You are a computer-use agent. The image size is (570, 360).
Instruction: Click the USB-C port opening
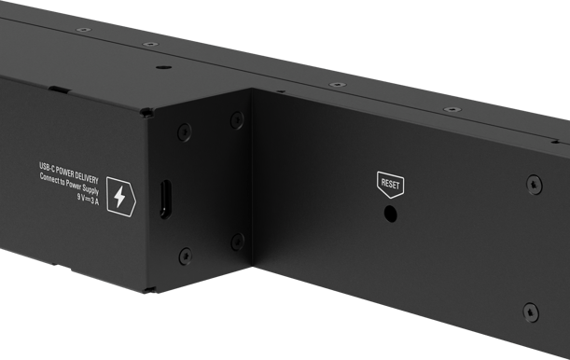coord(165,199)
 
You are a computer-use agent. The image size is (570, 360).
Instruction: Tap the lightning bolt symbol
coord(119,198)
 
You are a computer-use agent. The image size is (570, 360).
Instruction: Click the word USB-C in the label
coord(47,168)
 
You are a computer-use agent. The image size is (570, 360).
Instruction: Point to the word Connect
coord(49,179)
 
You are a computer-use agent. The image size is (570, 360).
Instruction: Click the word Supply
coord(90,189)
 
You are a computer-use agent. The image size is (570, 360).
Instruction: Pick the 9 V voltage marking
coord(81,198)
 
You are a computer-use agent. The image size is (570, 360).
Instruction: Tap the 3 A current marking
coord(94,201)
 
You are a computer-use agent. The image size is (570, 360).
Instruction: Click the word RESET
coord(391,184)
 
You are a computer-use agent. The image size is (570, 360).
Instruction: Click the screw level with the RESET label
coord(534,185)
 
